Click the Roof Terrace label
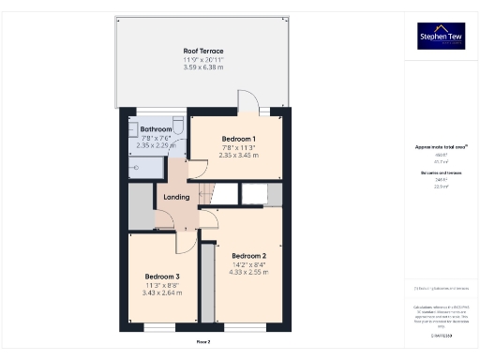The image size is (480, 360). click(202, 51)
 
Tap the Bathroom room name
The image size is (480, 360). click(157, 129)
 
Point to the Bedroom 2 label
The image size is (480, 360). click(249, 256)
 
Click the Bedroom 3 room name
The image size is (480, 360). click(162, 277)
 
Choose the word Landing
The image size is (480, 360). click(176, 197)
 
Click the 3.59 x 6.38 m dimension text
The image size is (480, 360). click(202, 68)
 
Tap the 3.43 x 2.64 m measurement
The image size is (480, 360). click(162, 294)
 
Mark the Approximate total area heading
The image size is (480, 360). click(441, 147)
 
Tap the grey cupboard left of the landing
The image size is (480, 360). click(140, 206)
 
